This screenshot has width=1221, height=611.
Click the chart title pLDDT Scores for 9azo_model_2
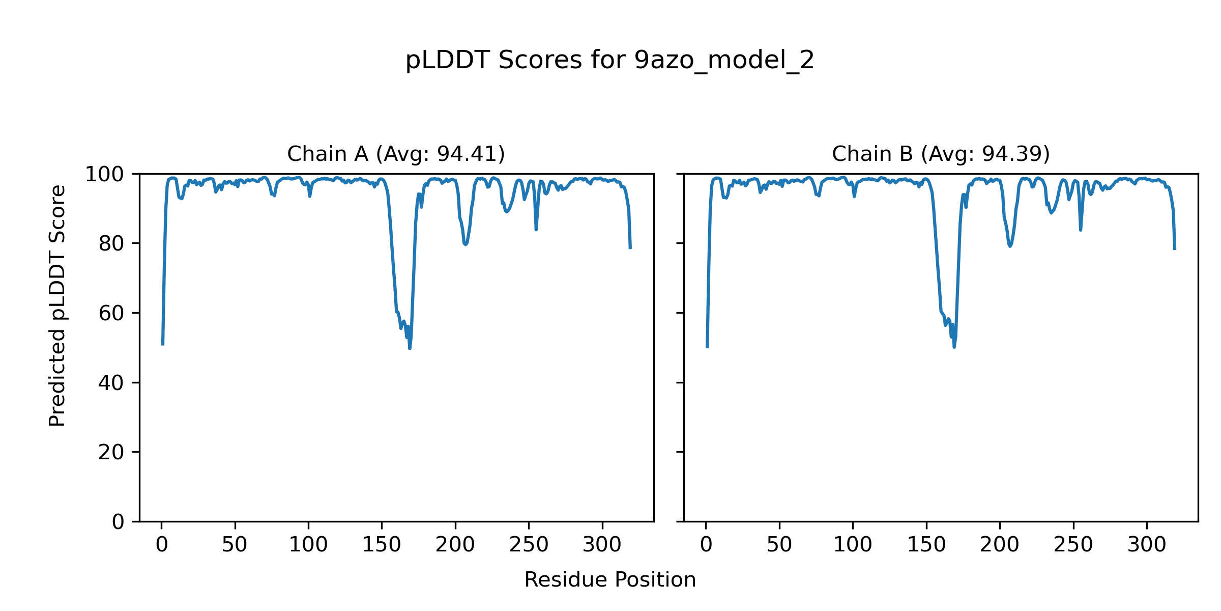[609, 61]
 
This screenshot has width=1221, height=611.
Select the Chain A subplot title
[396, 154]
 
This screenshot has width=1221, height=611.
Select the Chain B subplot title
[941, 154]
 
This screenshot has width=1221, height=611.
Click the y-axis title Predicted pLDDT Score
[57, 305]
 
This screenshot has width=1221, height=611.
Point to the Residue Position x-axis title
[609, 580]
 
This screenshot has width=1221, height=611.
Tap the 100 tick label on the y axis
[104, 175]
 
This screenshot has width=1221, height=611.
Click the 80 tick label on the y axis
[111, 244]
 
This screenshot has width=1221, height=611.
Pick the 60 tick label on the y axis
[111, 313]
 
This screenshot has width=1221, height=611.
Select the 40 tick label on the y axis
[111, 383]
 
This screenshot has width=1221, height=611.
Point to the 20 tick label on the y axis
[111, 452]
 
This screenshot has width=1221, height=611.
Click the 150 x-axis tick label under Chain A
[382, 545]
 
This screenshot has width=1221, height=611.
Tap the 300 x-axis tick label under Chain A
[602, 545]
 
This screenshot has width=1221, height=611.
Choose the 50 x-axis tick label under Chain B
[779, 545]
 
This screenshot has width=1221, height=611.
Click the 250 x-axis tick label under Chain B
[1073, 545]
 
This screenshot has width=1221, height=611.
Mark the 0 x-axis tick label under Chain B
[706, 545]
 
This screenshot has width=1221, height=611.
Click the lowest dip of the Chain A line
[410, 348]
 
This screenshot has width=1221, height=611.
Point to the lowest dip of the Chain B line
[954, 347]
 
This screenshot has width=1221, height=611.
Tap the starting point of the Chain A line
[163, 345]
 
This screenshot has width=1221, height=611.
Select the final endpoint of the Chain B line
[1175, 249]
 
